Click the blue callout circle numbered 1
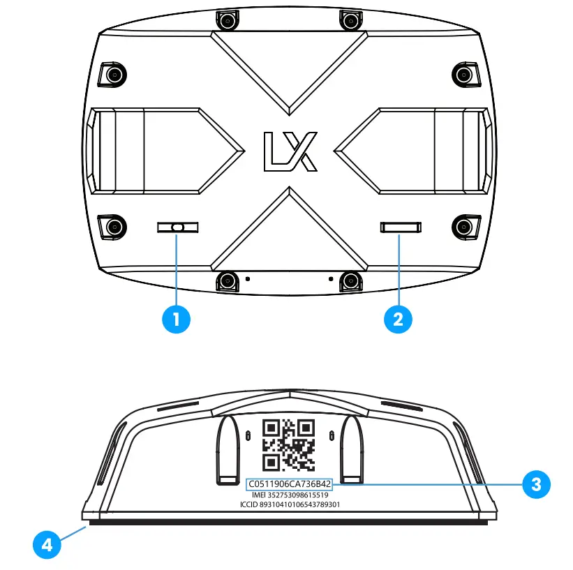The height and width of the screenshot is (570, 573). pyautogui.click(x=177, y=320)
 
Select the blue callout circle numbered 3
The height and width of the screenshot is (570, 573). pyautogui.click(x=536, y=484)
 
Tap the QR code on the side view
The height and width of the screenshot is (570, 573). pyautogui.click(x=288, y=445)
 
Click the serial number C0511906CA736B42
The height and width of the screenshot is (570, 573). pyautogui.click(x=289, y=483)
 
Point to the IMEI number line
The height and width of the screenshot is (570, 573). pyautogui.click(x=289, y=495)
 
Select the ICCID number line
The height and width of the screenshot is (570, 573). pyautogui.click(x=289, y=504)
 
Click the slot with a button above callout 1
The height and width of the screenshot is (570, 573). pyautogui.click(x=177, y=227)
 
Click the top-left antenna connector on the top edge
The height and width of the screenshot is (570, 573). pyautogui.click(x=226, y=21)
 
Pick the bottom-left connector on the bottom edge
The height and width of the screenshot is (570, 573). pyautogui.click(x=226, y=281)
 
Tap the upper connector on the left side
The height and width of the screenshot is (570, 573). pyautogui.click(x=112, y=74)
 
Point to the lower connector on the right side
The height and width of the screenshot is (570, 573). pyautogui.click(x=464, y=226)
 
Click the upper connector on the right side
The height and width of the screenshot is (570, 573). pyautogui.click(x=464, y=74)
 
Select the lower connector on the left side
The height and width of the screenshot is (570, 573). pyautogui.click(x=112, y=226)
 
